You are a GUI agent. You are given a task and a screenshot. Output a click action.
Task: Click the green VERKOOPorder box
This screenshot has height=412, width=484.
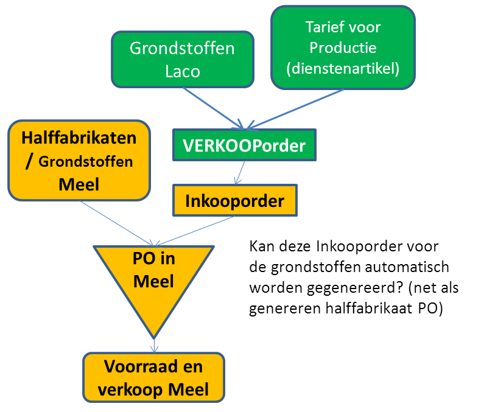(245, 145)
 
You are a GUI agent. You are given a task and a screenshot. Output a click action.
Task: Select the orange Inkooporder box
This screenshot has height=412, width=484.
(235, 201)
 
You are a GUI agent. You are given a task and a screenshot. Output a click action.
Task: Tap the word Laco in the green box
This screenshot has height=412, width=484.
(183, 71)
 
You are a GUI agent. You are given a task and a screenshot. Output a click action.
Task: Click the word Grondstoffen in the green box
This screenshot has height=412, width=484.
(182, 49)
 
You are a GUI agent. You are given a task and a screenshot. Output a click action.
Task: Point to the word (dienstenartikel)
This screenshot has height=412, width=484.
(343, 69)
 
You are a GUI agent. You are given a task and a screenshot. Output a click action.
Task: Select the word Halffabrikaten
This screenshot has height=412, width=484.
(79, 138)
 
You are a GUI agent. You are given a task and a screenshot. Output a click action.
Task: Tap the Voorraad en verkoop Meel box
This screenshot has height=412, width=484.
(153, 377)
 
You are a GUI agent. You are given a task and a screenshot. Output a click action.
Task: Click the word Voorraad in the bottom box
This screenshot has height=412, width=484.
(141, 366)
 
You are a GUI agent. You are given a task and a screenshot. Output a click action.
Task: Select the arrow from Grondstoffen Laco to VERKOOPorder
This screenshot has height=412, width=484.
(213, 108)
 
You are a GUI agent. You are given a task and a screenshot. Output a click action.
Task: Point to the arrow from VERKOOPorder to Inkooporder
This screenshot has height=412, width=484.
(239, 172)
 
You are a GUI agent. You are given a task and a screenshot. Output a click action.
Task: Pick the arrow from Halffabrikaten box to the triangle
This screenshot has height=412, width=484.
(117, 223)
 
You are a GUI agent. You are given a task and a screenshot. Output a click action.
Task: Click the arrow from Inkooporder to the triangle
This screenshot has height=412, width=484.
(194, 231)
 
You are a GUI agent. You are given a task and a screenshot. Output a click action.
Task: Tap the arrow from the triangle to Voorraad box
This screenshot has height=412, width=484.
(154, 345)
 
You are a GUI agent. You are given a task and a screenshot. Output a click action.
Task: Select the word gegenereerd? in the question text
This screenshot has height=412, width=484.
(356, 288)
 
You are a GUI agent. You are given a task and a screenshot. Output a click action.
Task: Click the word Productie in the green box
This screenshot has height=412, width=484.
(343, 47)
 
